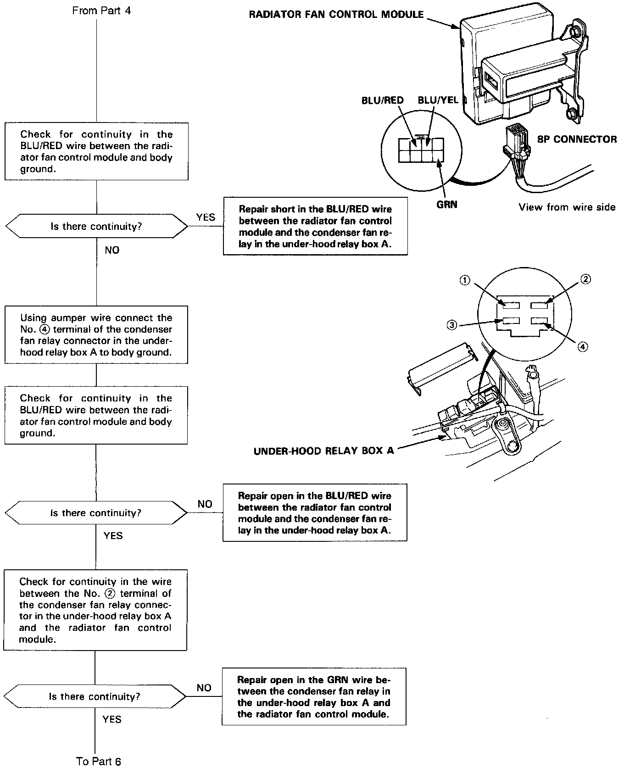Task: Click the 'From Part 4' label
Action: (x=101, y=10)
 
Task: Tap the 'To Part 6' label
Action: (x=99, y=761)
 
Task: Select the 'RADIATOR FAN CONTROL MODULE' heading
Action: (x=336, y=14)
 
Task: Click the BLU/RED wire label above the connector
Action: (x=382, y=100)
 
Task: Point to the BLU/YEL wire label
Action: (x=438, y=100)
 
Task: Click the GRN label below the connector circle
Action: (x=446, y=205)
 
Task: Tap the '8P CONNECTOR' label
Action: (x=577, y=139)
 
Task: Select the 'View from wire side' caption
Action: (x=567, y=207)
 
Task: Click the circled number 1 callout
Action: (x=465, y=280)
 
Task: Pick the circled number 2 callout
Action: (x=586, y=279)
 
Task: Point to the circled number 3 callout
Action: (x=452, y=325)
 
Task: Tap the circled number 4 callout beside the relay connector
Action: (x=582, y=347)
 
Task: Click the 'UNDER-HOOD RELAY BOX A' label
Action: (x=323, y=451)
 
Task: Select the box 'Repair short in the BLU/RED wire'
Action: (x=315, y=226)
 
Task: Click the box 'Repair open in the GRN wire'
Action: (x=314, y=696)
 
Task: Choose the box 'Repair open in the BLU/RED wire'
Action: (x=315, y=513)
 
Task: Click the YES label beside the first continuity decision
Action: (x=205, y=217)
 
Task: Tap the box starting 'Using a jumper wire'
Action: (x=96, y=335)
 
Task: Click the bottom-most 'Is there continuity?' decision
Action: (x=95, y=696)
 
